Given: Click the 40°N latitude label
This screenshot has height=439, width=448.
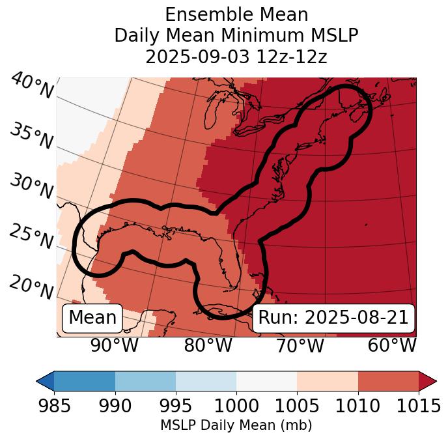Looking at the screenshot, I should point(31,86).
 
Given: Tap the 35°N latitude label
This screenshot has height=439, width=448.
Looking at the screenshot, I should point(31,135).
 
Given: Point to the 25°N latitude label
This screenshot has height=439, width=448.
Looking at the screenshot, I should point(31,237).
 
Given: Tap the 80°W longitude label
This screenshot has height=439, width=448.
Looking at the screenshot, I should point(208,345).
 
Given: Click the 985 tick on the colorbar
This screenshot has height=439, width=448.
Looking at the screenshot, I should point(54,406).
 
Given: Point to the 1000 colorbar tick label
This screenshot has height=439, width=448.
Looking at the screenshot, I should point(236,406).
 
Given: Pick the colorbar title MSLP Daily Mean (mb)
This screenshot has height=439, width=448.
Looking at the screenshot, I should point(236,426).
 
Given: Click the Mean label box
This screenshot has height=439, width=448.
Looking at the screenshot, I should point(92,318).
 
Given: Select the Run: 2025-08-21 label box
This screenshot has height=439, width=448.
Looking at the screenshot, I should point(333,318).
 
